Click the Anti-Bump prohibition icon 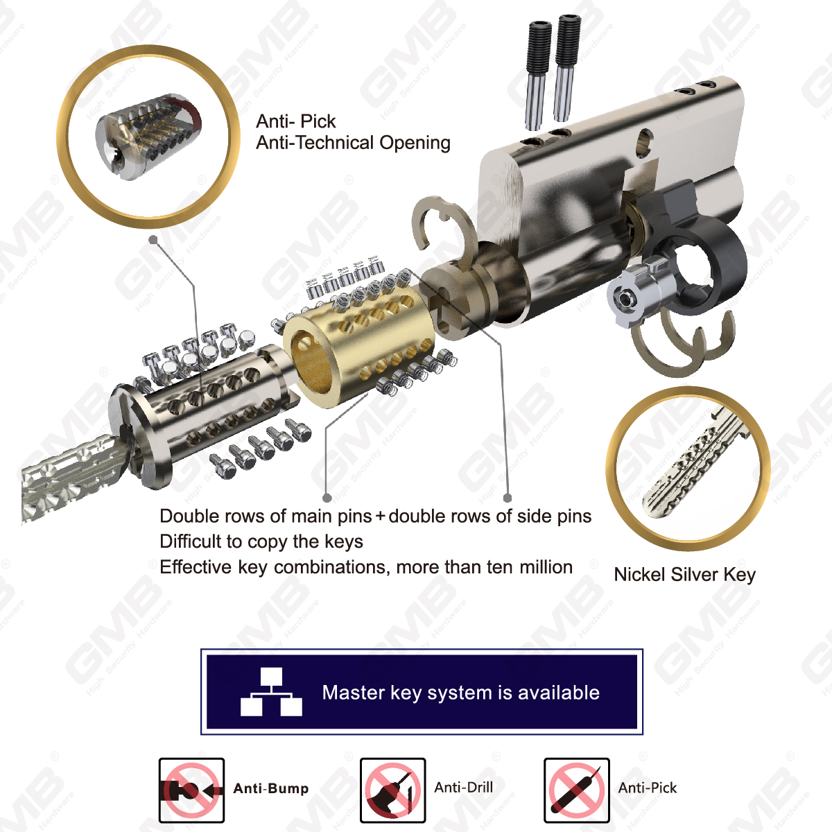[x=191, y=790]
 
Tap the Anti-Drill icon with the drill [x=392, y=790]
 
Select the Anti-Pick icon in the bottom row [x=576, y=790]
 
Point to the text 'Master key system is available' [x=460, y=693]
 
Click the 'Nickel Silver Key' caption [x=684, y=575]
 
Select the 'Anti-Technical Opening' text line [x=353, y=143]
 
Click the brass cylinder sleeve [x=358, y=339]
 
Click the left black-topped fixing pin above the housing [x=537, y=76]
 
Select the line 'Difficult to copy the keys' [x=261, y=541]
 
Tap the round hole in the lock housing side [x=644, y=143]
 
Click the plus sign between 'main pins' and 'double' [x=380, y=517]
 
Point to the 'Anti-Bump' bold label [x=270, y=788]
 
